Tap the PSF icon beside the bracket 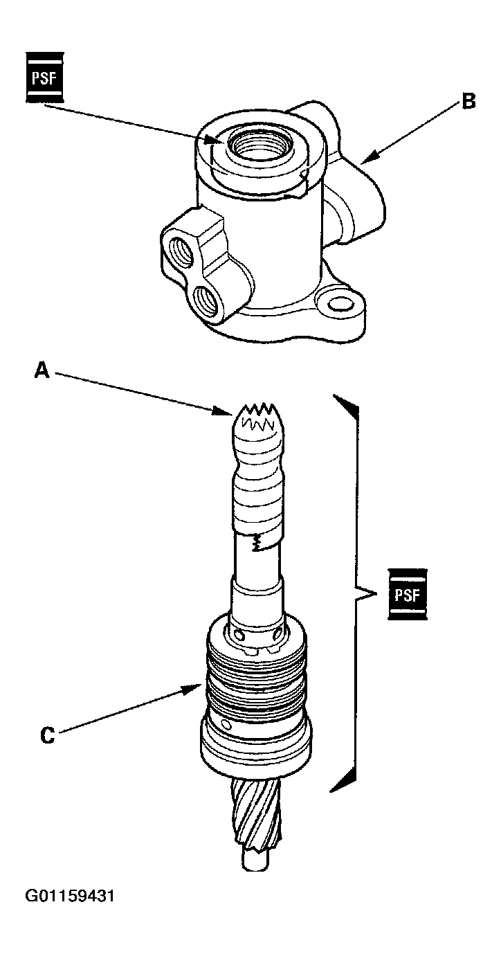pos(408,594)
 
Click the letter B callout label pos(468,102)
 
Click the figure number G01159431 pos(70,897)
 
